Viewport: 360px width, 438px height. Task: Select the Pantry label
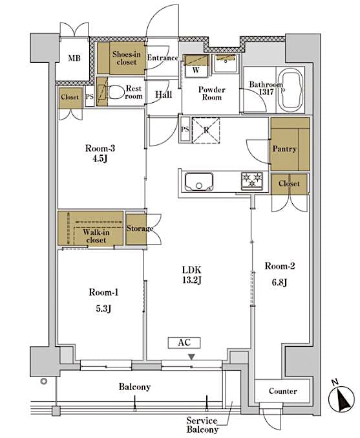284,149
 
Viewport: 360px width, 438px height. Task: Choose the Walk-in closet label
96,235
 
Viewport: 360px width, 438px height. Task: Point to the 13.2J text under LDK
191,280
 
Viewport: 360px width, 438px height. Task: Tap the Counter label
282,391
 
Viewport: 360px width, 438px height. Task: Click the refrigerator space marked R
206,129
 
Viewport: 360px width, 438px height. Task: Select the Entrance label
162,58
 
